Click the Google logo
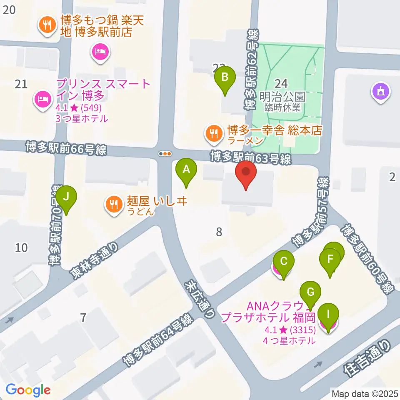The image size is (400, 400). [28, 390]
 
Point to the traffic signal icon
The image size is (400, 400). [165, 154]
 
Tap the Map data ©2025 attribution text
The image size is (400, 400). [365, 393]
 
